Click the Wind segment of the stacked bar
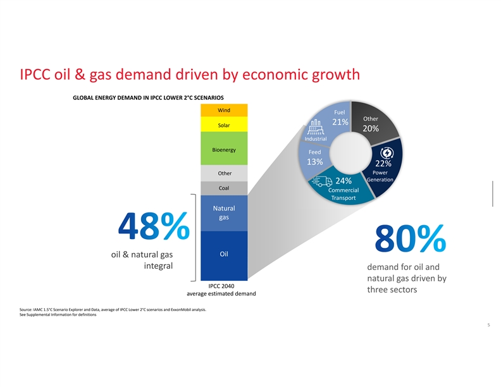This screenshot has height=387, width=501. point(223,111)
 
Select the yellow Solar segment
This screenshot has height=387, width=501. point(223,125)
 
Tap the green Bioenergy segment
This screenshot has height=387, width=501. point(223,149)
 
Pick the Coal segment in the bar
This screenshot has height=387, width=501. point(223,188)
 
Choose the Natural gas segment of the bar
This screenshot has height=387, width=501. point(223,213)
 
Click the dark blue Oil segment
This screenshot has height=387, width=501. point(223,255)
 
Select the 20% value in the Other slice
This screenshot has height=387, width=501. point(371,129)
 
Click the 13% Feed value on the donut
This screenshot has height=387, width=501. point(315,162)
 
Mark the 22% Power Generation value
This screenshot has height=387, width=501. point(383,163)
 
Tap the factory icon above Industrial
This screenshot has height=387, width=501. point(314,126)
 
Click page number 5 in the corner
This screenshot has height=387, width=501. point(488,325)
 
